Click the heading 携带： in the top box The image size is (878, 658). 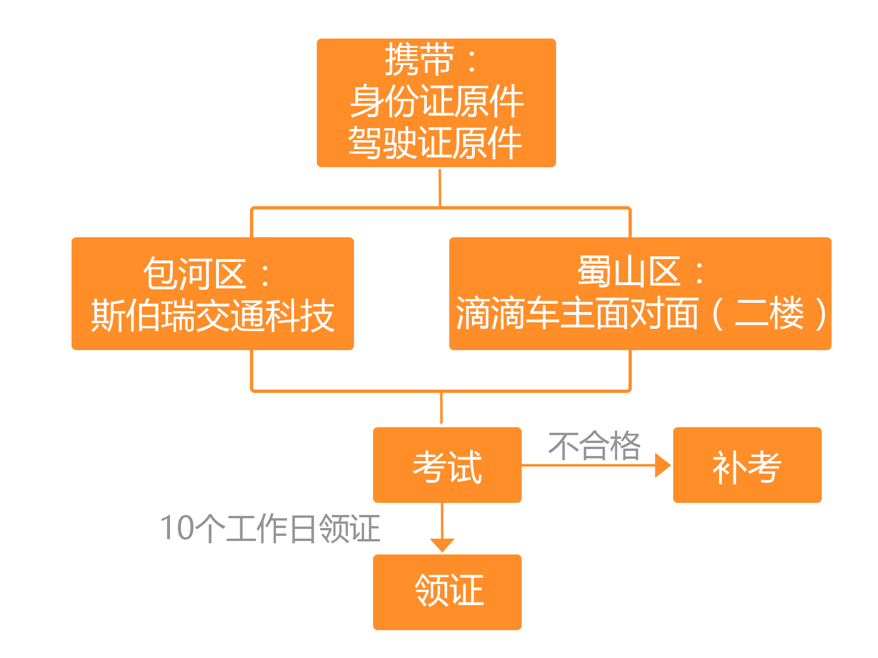click(x=430, y=59)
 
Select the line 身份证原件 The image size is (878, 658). click(x=436, y=101)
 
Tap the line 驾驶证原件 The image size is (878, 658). click(x=435, y=143)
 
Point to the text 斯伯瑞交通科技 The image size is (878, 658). click(x=213, y=315)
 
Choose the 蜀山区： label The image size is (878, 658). click(x=640, y=272)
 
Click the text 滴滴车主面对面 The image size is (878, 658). click(x=577, y=313)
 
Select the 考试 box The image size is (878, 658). click(x=447, y=465)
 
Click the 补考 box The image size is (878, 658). click(x=747, y=465)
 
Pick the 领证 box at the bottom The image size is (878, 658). click(x=447, y=592)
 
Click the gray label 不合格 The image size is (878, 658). click(x=594, y=446)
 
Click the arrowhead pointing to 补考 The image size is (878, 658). click(x=662, y=465)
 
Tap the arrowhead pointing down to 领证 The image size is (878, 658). click(x=442, y=545)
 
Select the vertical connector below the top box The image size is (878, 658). click(x=440, y=187)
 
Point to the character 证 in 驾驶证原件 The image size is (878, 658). click(x=436, y=143)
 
